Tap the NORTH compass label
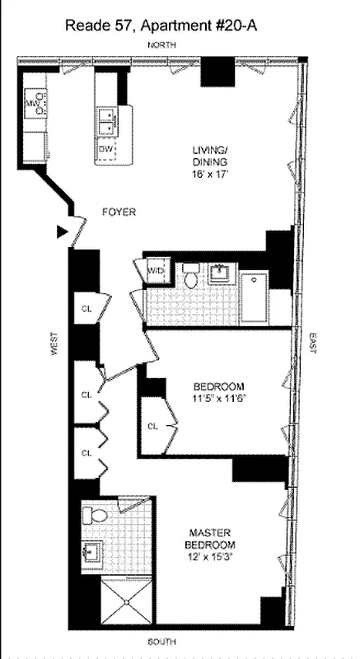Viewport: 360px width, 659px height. pyautogui.click(x=161, y=44)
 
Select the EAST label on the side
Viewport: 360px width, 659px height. pyautogui.click(x=312, y=342)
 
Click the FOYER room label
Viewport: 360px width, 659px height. pyautogui.click(x=119, y=212)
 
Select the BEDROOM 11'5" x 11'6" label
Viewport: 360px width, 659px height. pyautogui.click(x=219, y=392)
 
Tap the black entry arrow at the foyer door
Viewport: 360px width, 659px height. pyautogui.click(x=60, y=231)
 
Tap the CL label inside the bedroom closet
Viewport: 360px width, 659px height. pyautogui.click(x=152, y=427)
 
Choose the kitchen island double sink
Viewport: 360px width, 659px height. pyautogui.click(x=107, y=123)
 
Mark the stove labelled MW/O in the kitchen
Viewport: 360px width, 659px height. pyautogui.click(x=35, y=104)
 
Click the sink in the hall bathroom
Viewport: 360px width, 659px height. pyautogui.click(x=220, y=273)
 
